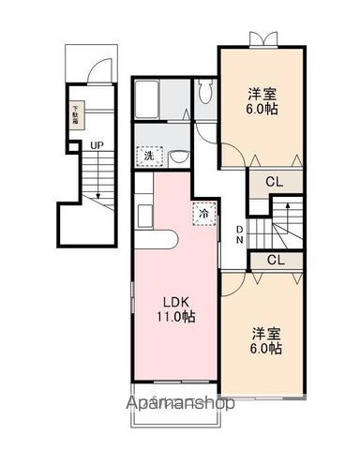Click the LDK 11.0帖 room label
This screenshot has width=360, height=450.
pos(175,308)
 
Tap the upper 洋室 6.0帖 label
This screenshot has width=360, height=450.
pos(263,100)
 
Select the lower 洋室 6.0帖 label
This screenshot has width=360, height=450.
pos(265,340)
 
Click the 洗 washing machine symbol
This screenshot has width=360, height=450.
pos(148,157)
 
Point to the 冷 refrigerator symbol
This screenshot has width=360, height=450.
pos(204,214)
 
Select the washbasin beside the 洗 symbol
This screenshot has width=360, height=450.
pos(181,156)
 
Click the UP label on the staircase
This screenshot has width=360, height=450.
pos(97,145)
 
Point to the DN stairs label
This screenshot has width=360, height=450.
pos(240,233)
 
